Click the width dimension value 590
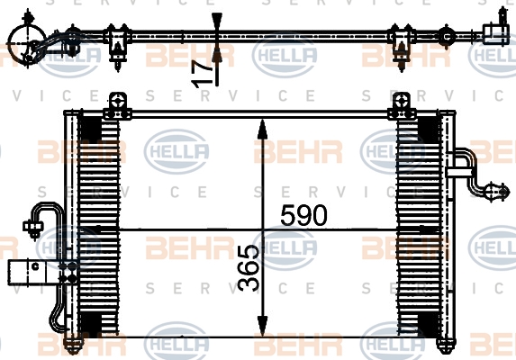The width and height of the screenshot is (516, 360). (x=303, y=215)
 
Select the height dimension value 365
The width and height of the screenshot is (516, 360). (x=249, y=268)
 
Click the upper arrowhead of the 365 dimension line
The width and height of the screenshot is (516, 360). (x=262, y=130)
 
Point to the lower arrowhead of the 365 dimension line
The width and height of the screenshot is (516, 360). (x=262, y=326)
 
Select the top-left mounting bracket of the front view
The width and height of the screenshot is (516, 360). (x=117, y=106)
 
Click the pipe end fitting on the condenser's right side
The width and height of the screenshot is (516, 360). (x=496, y=191)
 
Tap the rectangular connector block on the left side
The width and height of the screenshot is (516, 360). (x=32, y=273)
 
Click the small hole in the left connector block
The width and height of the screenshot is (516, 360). (x=35, y=266)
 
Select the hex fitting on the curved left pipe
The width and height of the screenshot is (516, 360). (x=33, y=227)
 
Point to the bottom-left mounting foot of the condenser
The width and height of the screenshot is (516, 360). (x=73, y=346)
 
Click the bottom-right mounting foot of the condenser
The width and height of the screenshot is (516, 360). (x=447, y=346)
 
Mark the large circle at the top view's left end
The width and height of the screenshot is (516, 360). (x=27, y=43)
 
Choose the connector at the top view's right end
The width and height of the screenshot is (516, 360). (x=496, y=31)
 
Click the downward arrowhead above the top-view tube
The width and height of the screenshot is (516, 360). (x=217, y=23)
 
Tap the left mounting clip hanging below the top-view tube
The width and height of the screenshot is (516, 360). (x=116, y=47)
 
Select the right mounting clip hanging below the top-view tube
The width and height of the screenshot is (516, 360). (x=401, y=47)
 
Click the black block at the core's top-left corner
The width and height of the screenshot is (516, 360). (x=90, y=129)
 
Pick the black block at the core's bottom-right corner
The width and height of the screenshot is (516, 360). (x=428, y=324)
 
